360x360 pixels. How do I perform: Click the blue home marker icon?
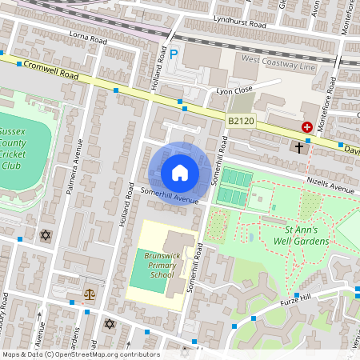[180, 173]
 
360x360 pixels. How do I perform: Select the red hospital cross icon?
[306, 126]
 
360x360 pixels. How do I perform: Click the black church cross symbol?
[299, 147]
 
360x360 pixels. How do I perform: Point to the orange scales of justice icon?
[89, 294]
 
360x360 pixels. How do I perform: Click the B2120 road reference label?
[241, 121]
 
